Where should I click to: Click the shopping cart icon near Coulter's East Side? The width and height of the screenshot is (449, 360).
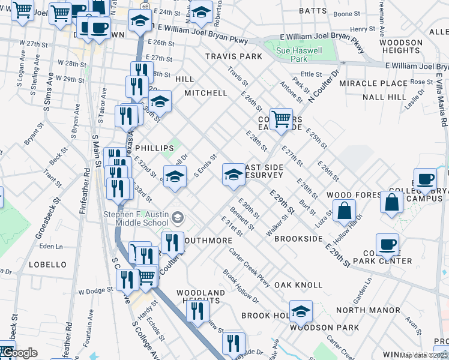point(281,119)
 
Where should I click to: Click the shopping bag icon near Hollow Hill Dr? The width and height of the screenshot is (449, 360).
point(345,211)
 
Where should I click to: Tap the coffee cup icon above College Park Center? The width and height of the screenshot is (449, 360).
point(387,244)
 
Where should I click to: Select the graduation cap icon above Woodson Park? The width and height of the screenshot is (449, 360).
point(301,310)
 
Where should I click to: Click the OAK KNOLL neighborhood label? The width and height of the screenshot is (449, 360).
point(298,285)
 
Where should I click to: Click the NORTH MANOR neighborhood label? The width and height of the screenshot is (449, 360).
point(368,310)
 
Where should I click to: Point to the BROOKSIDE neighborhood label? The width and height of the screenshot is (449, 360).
point(298,239)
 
